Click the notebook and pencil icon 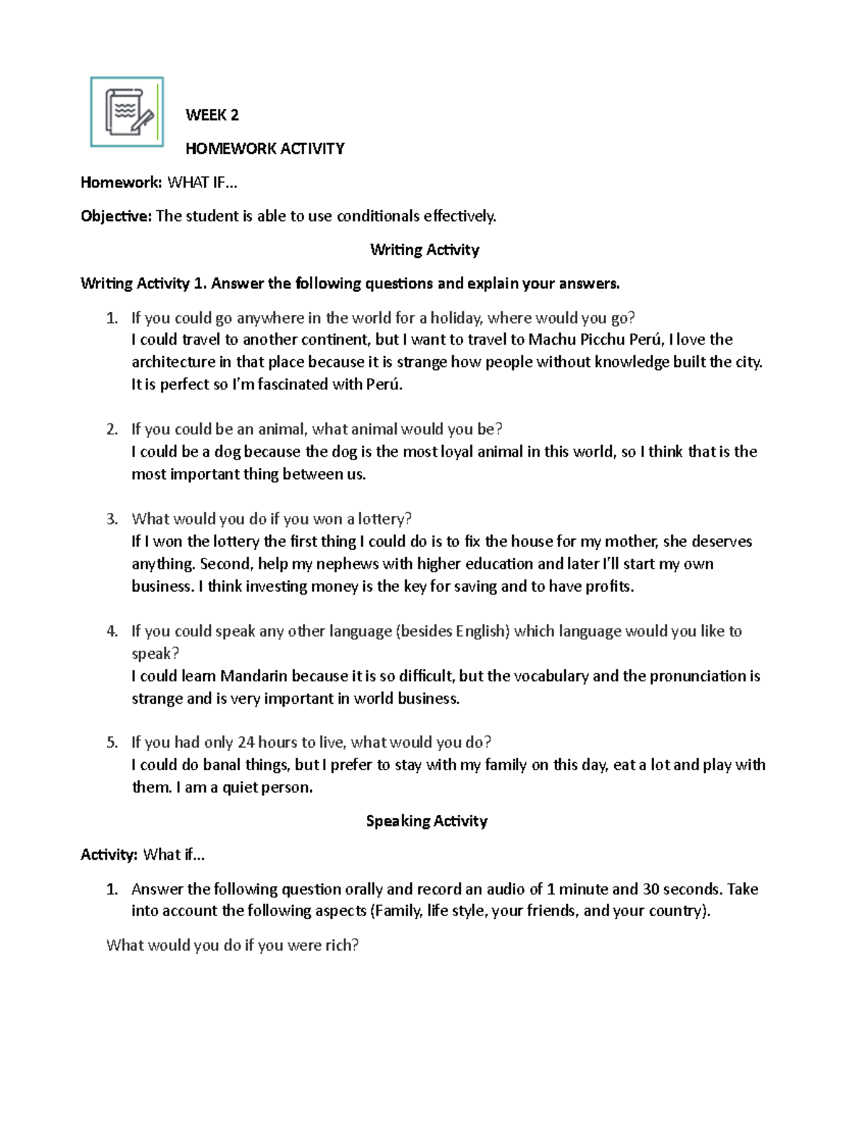pyautogui.click(x=127, y=112)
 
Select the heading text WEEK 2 pyautogui.click(x=212, y=115)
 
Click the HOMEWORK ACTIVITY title pyautogui.click(x=264, y=149)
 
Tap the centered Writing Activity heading pyautogui.click(x=424, y=250)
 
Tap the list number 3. pyautogui.click(x=111, y=519)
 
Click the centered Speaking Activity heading pyautogui.click(x=426, y=821)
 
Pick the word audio pyautogui.click(x=505, y=889)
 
